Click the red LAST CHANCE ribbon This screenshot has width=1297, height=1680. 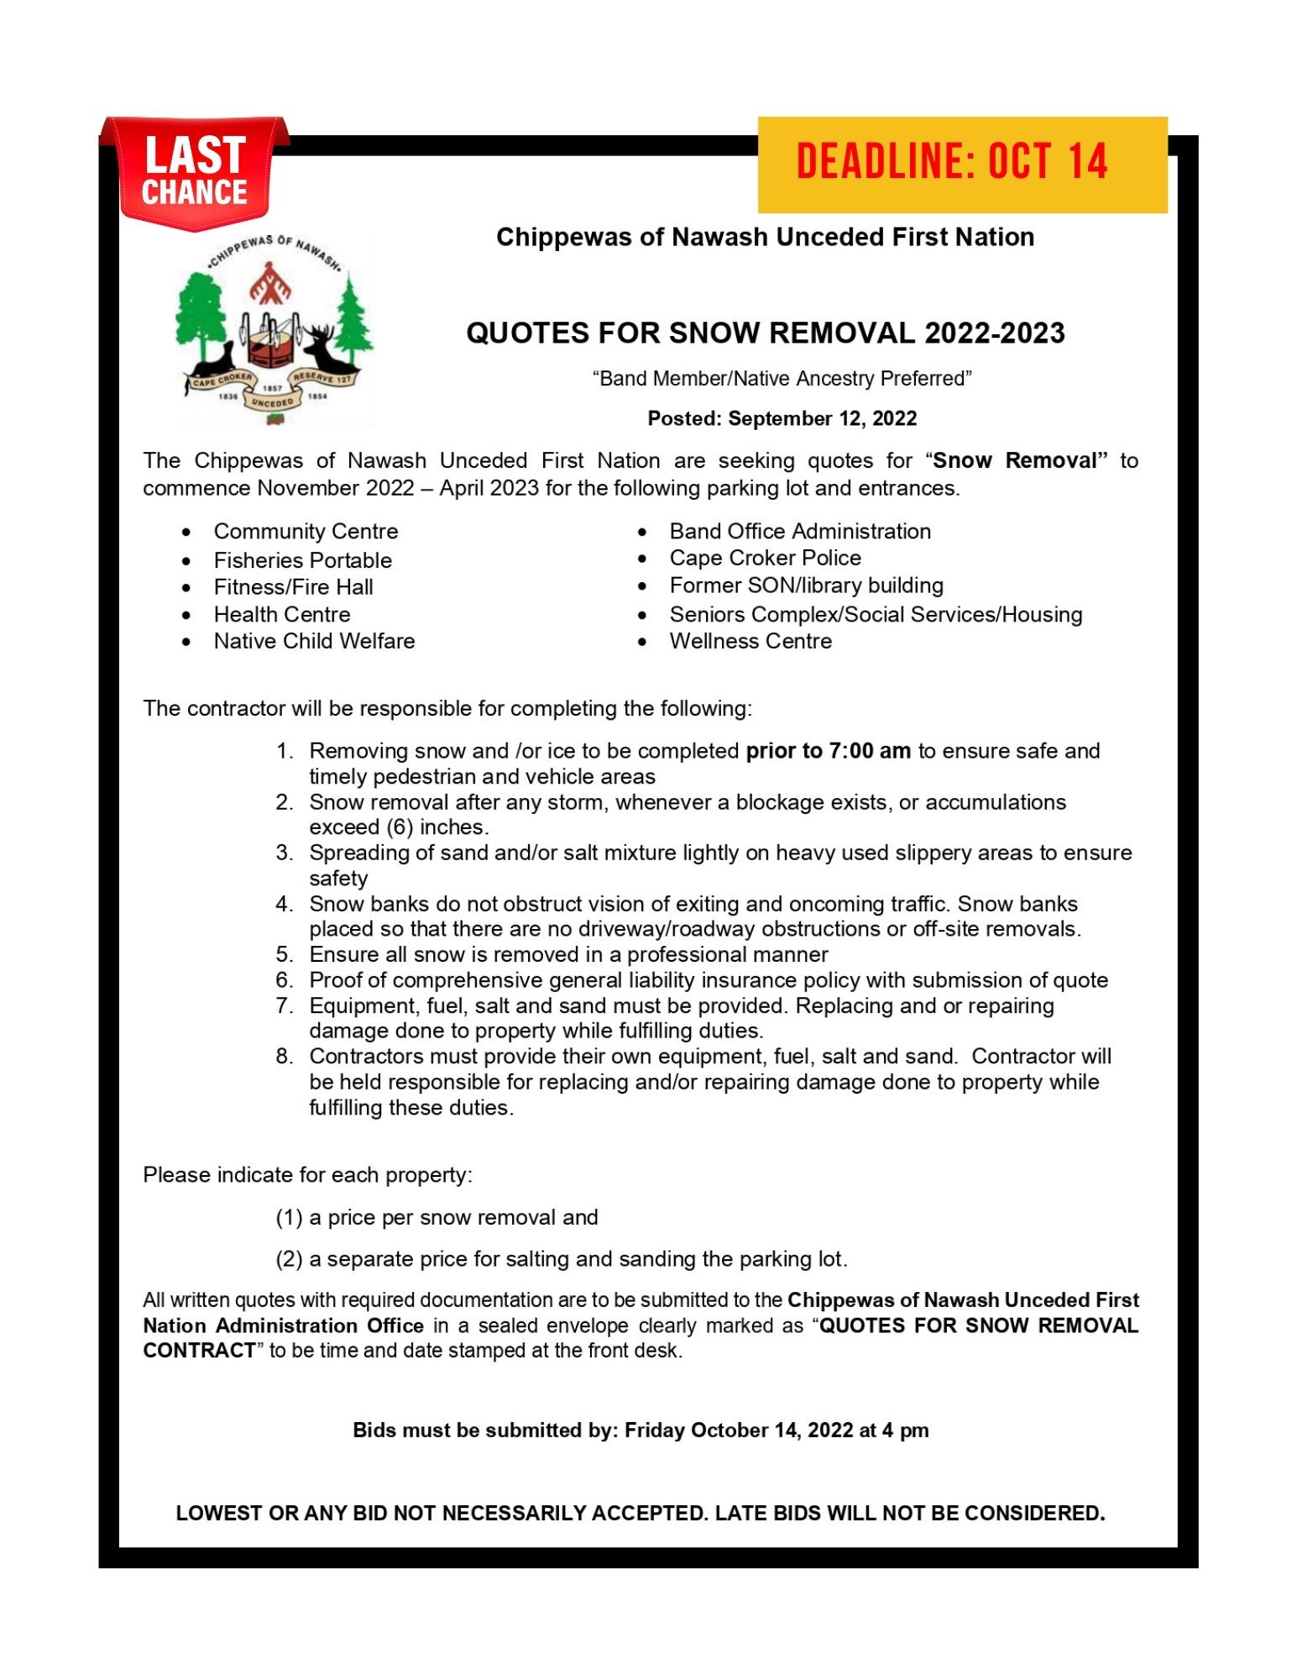(195, 173)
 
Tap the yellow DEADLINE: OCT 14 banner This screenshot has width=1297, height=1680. (962, 164)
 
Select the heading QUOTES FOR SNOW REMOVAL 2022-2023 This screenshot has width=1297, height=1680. (765, 333)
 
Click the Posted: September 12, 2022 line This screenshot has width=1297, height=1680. (782, 418)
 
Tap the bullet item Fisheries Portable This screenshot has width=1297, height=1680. (302, 560)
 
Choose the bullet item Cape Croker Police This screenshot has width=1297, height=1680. (765, 558)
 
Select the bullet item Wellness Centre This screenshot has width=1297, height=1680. (750, 641)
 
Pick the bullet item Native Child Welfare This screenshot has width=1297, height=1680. (314, 641)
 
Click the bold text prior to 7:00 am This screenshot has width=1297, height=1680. (828, 751)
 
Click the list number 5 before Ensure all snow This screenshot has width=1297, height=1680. (284, 955)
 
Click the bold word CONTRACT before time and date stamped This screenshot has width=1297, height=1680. (199, 1351)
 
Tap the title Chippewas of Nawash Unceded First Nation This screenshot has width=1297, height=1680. (765, 237)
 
